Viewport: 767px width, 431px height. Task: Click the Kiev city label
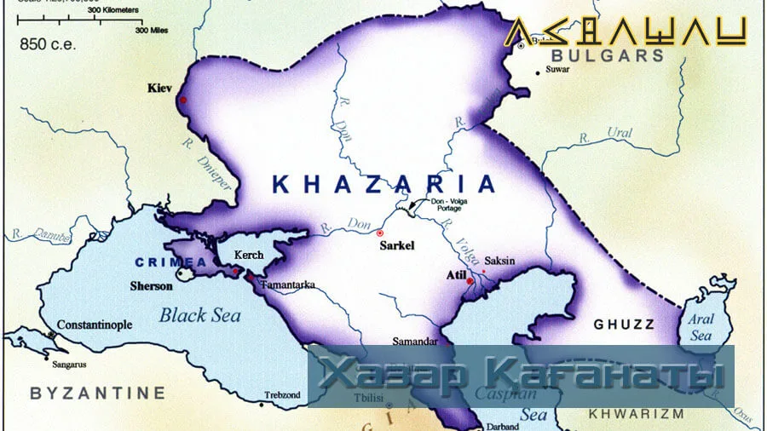tap(159, 88)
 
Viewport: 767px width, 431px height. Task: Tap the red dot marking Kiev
tap(182, 101)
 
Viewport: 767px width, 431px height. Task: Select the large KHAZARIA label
tap(383, 184)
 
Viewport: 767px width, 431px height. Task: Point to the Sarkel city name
tap(395, 244)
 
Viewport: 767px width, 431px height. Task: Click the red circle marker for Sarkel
tap(380, 233)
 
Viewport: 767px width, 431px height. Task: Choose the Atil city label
tap(456, 275)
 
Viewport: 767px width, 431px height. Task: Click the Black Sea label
tap(199, 315)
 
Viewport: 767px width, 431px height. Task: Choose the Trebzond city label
tap(283, 395)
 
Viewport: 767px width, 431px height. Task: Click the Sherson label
tap(151, 286)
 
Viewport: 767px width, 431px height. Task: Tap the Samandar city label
tap(414, 342)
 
